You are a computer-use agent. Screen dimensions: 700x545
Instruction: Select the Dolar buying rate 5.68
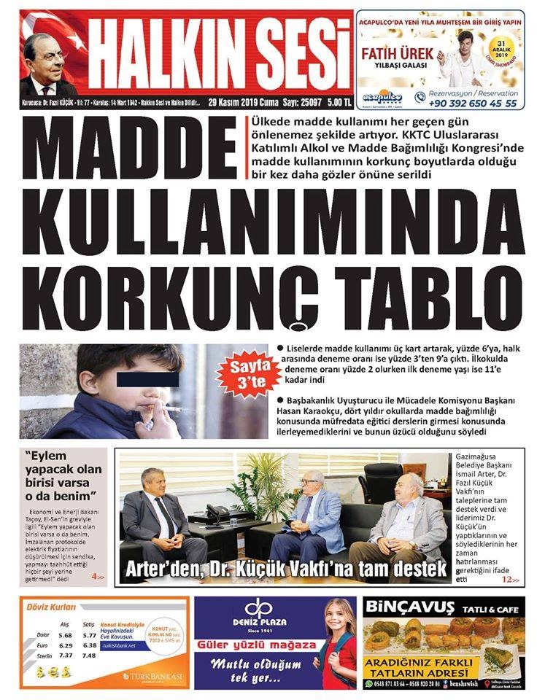tap(66, 634)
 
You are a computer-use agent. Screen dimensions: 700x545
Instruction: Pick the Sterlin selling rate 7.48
tap(90, 656)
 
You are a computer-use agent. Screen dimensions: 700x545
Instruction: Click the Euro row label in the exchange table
tap(43, 645)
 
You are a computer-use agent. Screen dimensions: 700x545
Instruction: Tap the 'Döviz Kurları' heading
tap(51, 607)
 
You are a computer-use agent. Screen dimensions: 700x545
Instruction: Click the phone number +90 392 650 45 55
tap(475, 104)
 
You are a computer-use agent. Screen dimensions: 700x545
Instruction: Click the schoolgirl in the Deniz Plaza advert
tap(337, 642)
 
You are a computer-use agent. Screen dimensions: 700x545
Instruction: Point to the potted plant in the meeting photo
tap(255, 485)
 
